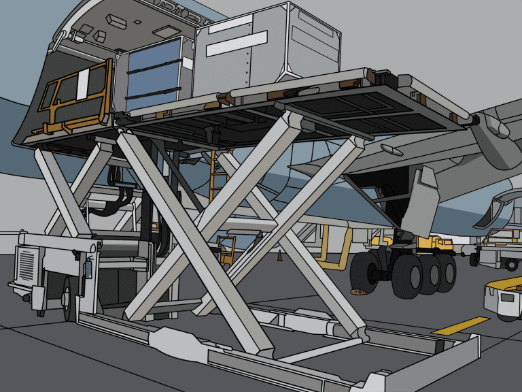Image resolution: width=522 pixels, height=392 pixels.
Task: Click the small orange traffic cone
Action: [279, 256]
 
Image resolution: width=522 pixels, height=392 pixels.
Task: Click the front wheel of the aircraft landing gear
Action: [372, 272]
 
